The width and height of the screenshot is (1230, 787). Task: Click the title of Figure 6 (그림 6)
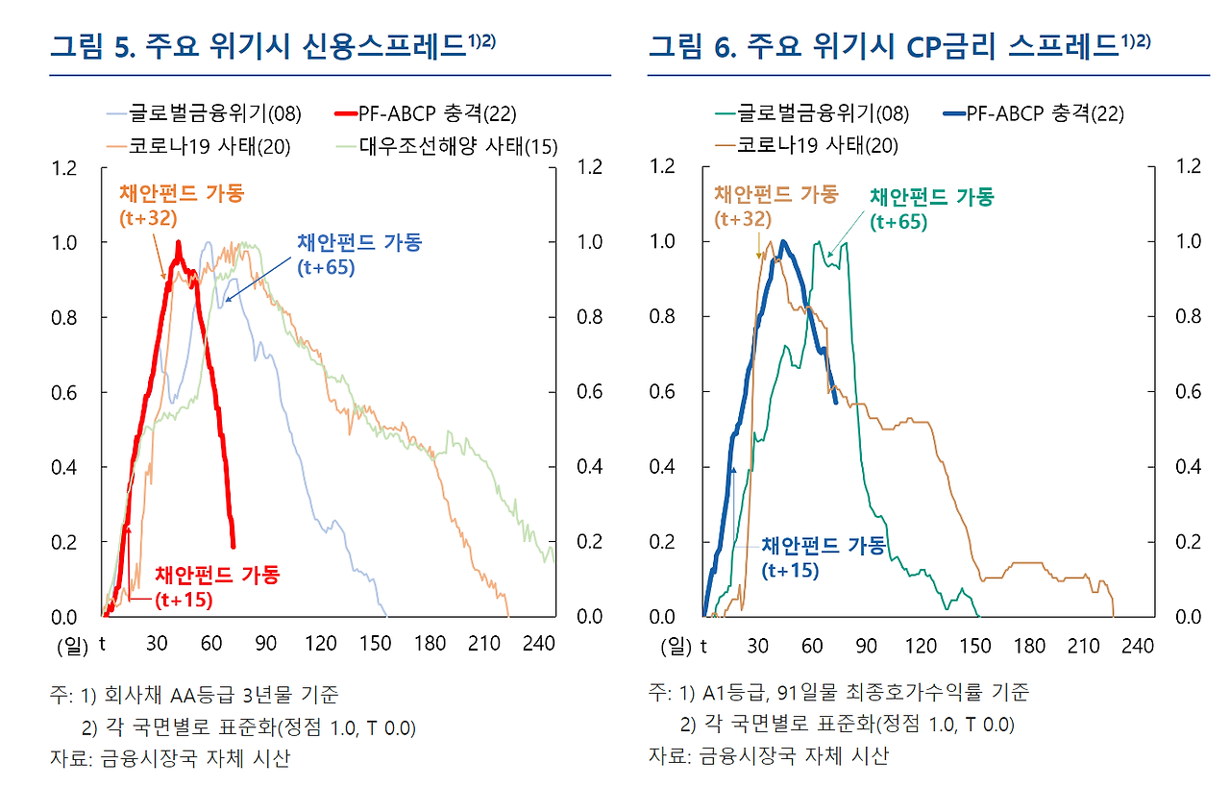click(898, 46)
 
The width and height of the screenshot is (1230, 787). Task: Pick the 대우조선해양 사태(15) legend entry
click(458, 146)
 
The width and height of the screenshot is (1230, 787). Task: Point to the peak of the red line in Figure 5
click(178, 243)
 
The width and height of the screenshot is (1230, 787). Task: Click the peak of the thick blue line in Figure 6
click(784, 242)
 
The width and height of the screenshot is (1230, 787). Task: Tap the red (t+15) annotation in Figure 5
click(184, 600)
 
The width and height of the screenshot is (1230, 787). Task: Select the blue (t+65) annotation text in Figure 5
click(326, 268)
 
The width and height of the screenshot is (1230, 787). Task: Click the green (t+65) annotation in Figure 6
click(898, 222)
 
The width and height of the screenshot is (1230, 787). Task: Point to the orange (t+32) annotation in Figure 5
click(148, 218)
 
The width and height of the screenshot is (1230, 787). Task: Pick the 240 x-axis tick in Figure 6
click(1138, 646)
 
